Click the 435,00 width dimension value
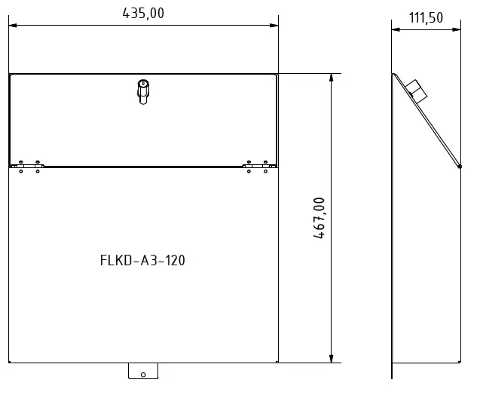[143, 13]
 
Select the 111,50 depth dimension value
[426, 18]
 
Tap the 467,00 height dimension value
[319, 218]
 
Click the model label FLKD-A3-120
[142, 261]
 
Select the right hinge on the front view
[256, 166]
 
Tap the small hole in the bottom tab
[143, 374]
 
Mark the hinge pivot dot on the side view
[460, 167]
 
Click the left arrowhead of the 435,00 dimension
[12, 26]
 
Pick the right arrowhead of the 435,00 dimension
[275, 26]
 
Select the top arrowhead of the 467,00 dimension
[332, 78]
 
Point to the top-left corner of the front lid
[10, 74]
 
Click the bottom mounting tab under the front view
[143, 371]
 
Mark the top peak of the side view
[393, 74]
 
